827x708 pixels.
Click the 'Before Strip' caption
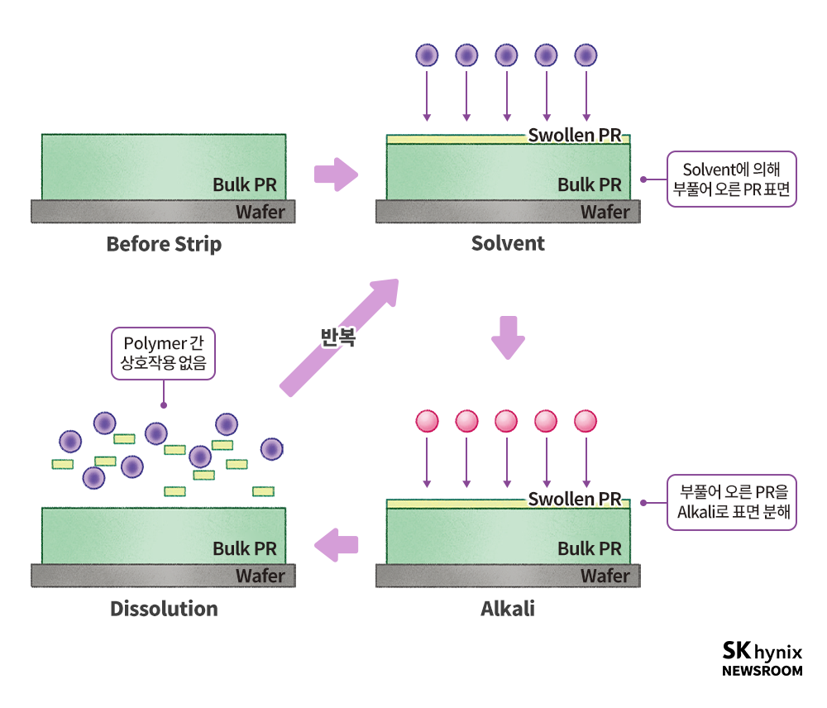[x=164, y=245]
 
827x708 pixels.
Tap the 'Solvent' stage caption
[x=508, y=243]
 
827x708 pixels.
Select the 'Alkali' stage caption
[x=508, y=610]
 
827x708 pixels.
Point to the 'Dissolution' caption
[x=164, y=610]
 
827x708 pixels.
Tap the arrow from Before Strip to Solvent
[x=336, y=175]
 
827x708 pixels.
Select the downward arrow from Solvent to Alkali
[x=508, y=336]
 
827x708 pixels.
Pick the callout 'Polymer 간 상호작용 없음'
[x=163, y=353]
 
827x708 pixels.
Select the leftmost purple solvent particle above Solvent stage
[x=427, y=55]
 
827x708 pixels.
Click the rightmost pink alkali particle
[x=586, y=421]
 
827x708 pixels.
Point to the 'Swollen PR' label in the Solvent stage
[x=574, y=136]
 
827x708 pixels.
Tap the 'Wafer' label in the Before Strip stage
[x=260, y=212]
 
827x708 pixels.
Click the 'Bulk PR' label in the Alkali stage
[x=589, y=548]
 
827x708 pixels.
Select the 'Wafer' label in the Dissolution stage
[x=260, y=576]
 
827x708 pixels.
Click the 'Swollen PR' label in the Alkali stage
[x=574, y=499]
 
